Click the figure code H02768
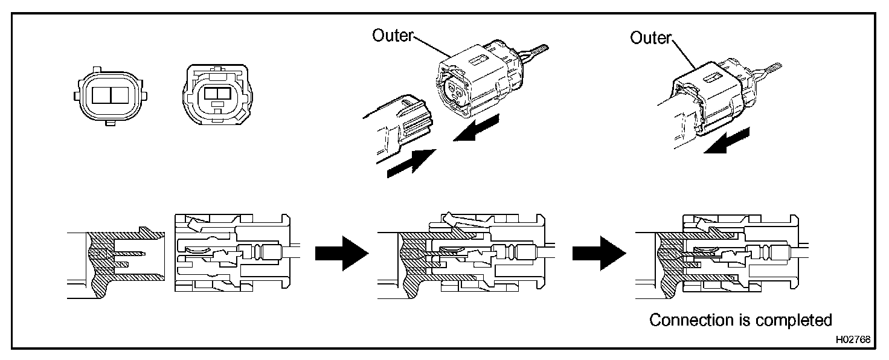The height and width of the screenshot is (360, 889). (853, 339)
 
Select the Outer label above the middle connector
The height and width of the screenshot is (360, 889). (391, 36)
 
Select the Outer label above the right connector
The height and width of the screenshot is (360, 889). (650, 38)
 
